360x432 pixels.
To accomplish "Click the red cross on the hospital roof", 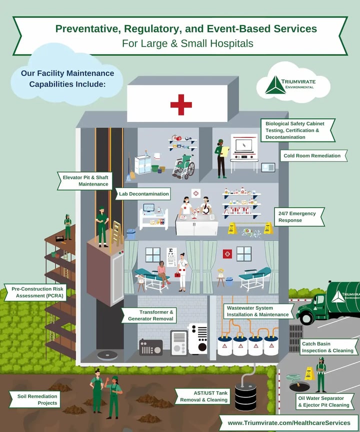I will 181,105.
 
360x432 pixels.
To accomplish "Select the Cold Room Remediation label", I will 312,156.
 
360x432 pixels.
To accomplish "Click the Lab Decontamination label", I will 144,193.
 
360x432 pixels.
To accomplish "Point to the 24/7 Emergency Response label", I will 297,217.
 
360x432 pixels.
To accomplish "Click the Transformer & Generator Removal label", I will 149,315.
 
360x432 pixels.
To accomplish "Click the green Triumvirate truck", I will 330,302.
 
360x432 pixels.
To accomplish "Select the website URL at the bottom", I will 289,423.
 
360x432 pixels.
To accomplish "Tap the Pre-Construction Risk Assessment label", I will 35,292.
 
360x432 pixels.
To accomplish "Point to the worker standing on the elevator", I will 102,226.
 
